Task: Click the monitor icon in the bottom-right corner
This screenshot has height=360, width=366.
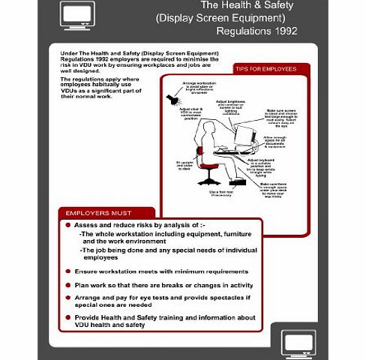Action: point(298,343)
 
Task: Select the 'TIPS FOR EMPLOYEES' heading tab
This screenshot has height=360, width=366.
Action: point(266,69)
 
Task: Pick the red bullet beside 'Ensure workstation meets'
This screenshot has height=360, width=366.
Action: point(69,271)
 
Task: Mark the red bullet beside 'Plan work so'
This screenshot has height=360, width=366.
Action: point(69,286)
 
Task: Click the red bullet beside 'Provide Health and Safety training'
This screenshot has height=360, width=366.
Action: point(69,318)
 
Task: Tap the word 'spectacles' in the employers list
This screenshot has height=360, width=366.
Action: point(216,299)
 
